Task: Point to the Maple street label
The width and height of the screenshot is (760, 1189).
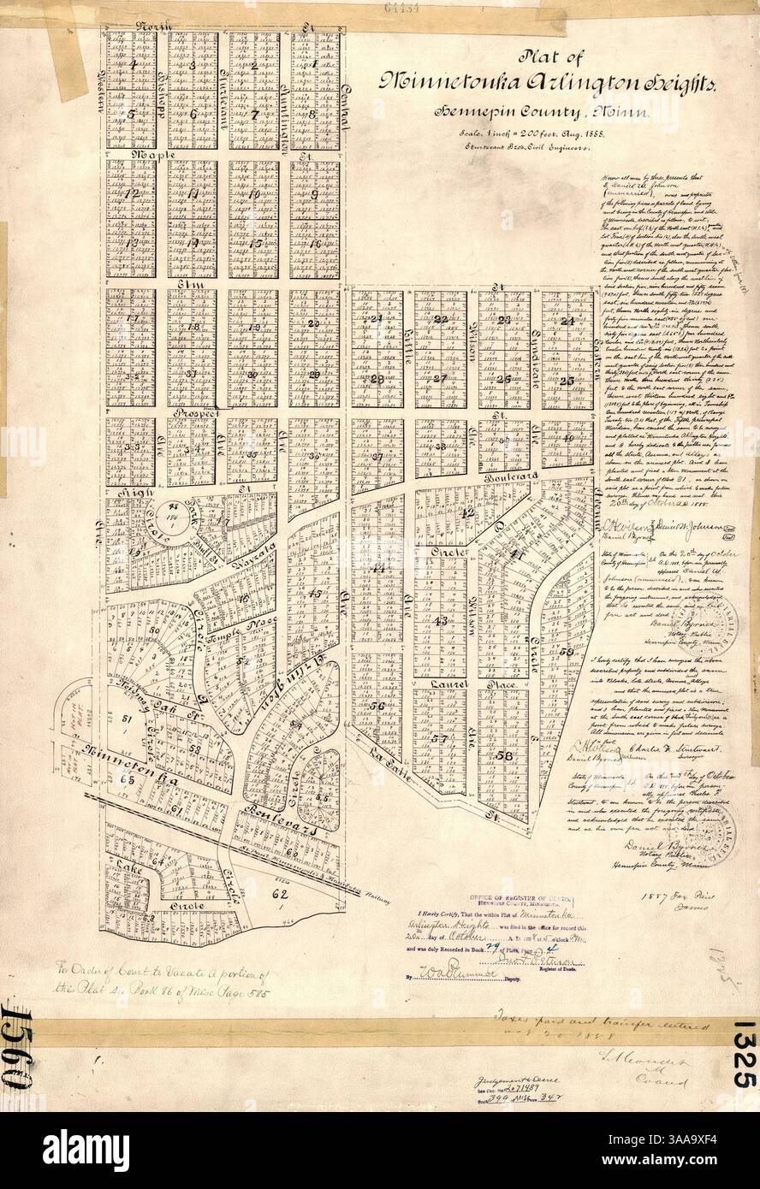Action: (x=133, y=157)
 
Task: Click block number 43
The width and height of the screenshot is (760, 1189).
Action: (x=441, y=621)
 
